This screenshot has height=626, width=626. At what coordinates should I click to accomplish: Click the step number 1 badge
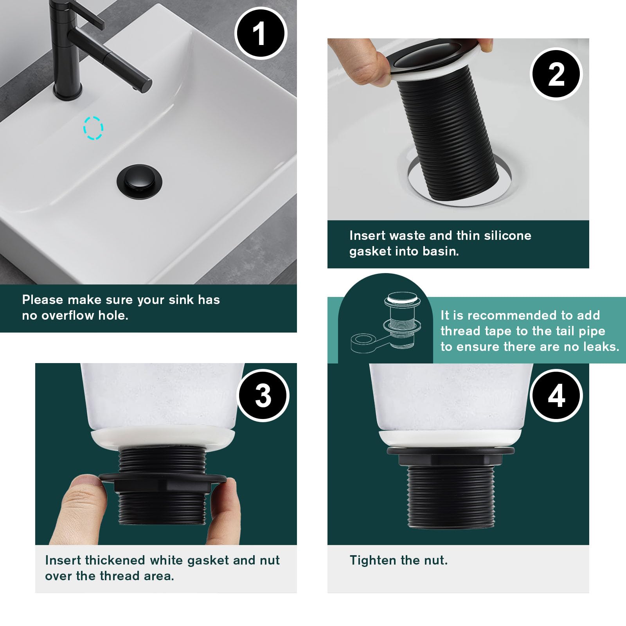[x=261, y=34]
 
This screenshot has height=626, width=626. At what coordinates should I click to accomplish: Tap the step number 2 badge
[x=556, y=74]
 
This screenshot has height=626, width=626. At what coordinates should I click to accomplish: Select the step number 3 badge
[x=263, y=396]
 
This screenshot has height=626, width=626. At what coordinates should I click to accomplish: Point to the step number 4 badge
[x=556, y=396]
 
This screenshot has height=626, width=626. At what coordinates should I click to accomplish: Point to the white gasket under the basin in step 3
[x=163, y=439]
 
